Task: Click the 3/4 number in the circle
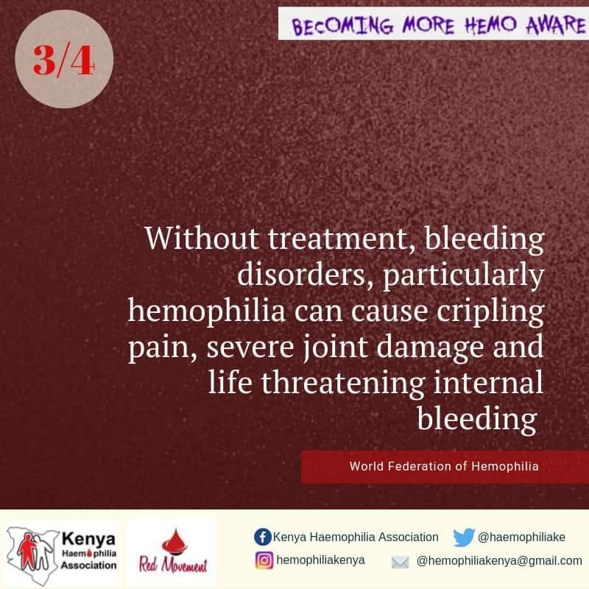pyautogui.click(x=63, y=60)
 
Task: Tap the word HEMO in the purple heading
pyautogui.click(x=490, y=25)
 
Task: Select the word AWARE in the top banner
pyautogui.click(x=556, y=24)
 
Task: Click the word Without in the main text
pyautogui.click(x=202, y=238)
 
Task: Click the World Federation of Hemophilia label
pyautogui.click(x=444, y=466)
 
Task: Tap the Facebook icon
pyautogui.click(x=263, y=537)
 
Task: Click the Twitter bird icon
pyautogui.click(x=464, y=537)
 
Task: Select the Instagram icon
pyautogui.click(x=264, y=560)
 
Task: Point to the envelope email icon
pyautogui.click(x=400, y=562)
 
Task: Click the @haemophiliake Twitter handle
pyautogui.click(x=521, y=537)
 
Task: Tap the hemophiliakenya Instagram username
pyautogui.click(x=320, y=560)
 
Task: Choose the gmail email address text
pyautogui.click(x=499, y=561)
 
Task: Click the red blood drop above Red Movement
pyautogui.click(x=174, y=542)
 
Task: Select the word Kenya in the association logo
pyautogui.click(x=88, y=539)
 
